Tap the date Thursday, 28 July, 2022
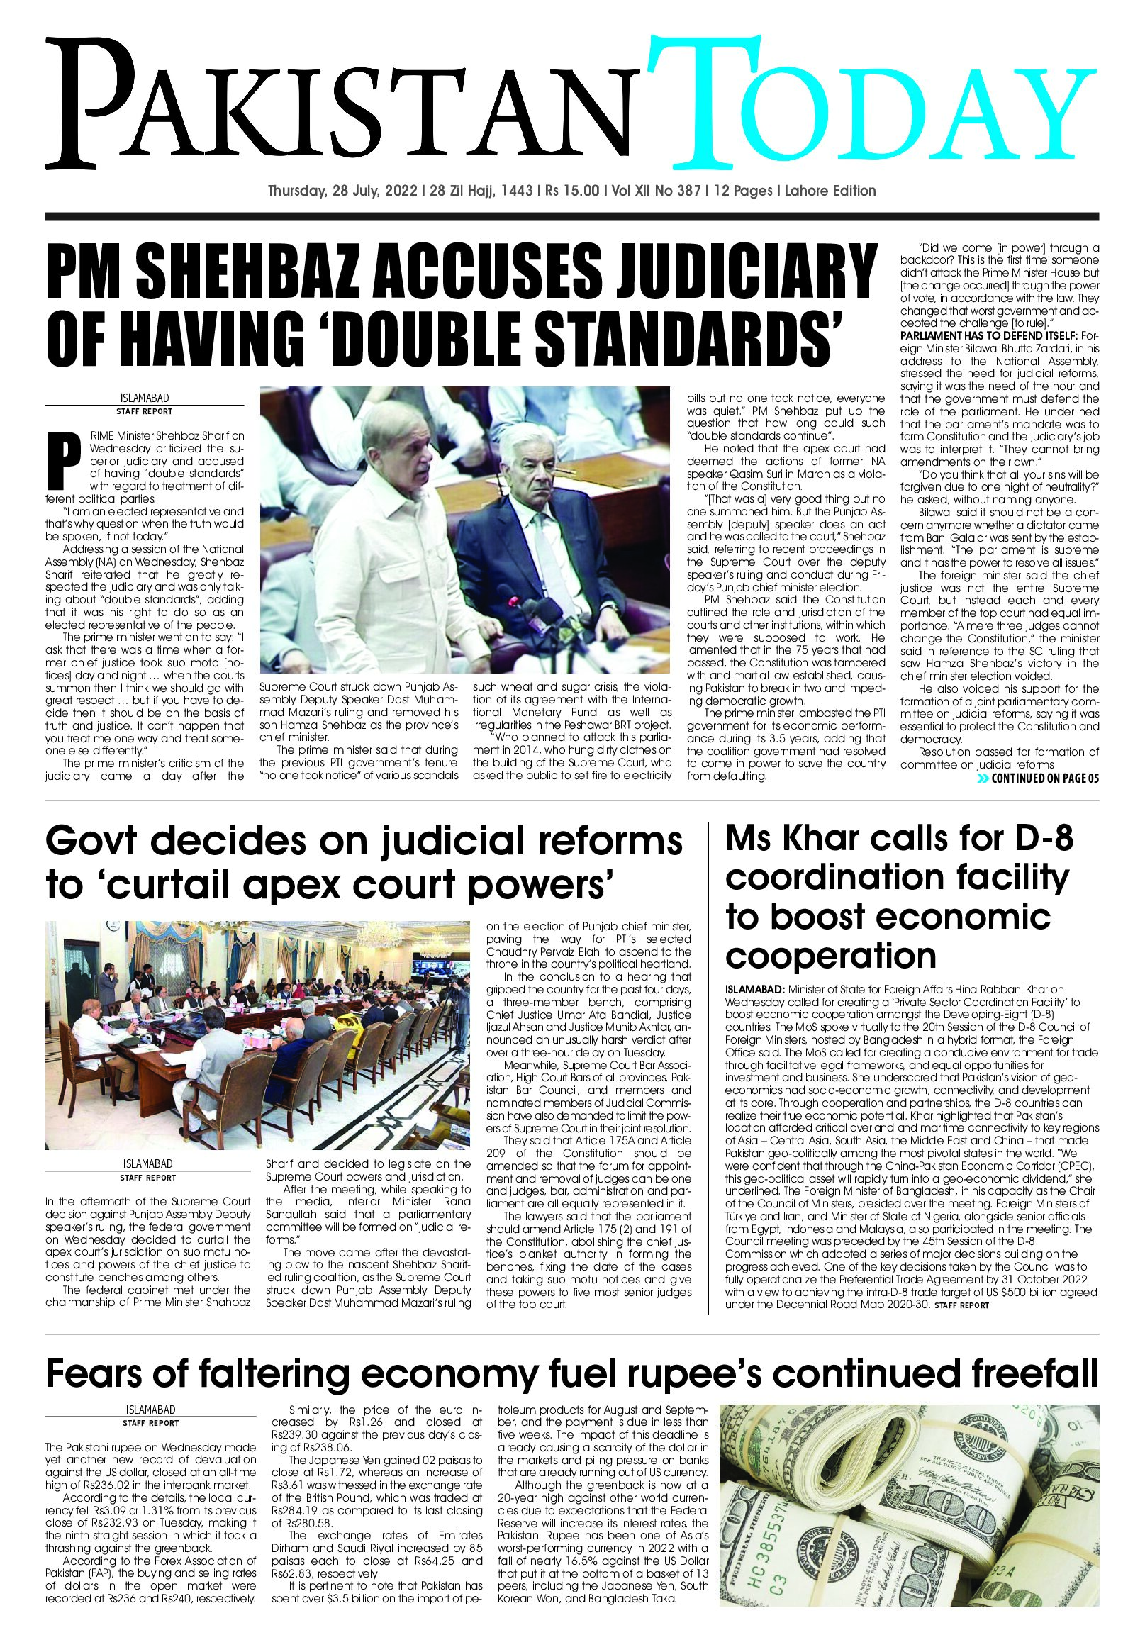pos(344,191)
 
